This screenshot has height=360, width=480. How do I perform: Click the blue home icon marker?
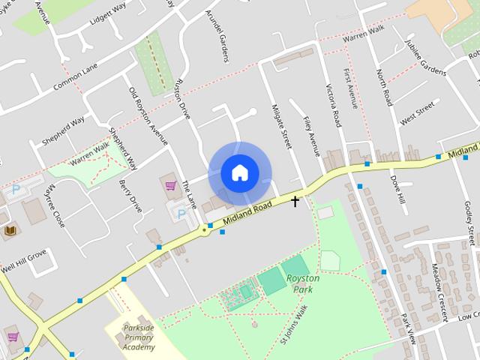(239, 173)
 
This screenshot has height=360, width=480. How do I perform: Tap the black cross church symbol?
(295, 201)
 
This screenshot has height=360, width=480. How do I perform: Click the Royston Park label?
(303, 283)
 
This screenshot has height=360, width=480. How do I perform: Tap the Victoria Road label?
(332, 105)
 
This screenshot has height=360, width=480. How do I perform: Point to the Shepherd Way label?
(63, 122)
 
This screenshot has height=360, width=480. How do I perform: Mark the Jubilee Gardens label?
(425, 55)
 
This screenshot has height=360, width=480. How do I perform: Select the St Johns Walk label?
(295, 323)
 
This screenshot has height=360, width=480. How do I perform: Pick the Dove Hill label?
(397, 190)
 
